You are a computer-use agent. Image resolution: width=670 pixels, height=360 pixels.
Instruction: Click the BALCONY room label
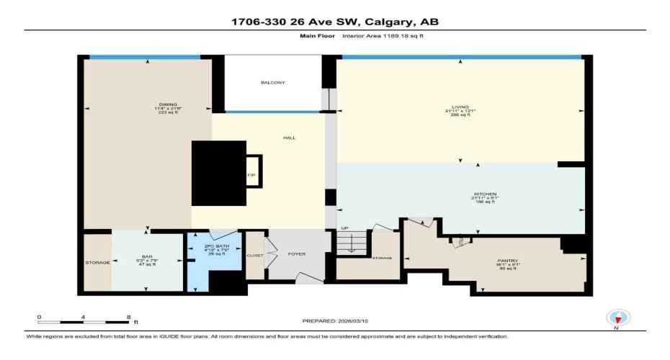(272, 83)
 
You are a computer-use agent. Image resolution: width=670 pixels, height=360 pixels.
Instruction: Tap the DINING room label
(168, 104)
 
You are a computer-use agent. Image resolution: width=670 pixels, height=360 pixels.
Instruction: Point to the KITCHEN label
(484, 194)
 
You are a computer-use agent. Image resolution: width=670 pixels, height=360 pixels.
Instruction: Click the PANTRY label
(508, 261)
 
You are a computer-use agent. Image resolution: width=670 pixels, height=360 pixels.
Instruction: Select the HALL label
(289, 138)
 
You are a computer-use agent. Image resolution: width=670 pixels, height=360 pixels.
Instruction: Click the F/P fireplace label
(251, 175)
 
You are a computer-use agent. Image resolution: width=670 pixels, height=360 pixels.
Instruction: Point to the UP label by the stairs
(344, 229)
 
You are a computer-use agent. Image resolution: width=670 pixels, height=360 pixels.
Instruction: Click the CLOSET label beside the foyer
(255, 255)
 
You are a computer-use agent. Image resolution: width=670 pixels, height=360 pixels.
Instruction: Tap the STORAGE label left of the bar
(98, 263)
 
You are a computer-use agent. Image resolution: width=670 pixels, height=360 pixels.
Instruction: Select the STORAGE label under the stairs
(382, 258)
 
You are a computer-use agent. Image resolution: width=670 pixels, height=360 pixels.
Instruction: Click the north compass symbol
(618, 318)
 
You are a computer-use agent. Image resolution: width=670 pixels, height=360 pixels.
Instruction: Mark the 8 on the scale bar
(128, 317)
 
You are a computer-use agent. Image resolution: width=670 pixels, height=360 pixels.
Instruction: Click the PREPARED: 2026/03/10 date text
(334, 320)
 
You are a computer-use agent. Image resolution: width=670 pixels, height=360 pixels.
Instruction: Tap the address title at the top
(334, 22)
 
